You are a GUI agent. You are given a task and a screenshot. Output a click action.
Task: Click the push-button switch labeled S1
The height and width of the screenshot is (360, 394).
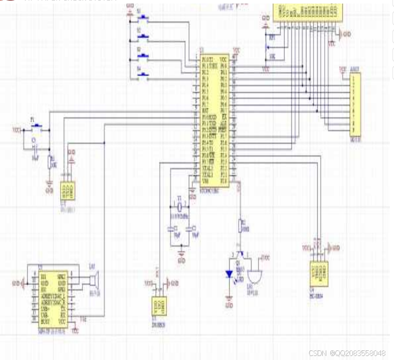145,19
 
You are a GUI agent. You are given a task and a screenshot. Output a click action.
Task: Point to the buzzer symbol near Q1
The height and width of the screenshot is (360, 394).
253,276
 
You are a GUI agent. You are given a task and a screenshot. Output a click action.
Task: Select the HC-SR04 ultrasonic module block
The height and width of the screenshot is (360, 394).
318,274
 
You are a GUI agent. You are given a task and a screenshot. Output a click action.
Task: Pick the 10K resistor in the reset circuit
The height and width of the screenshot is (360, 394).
49,162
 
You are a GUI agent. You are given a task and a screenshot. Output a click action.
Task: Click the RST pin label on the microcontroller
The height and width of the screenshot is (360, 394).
206,109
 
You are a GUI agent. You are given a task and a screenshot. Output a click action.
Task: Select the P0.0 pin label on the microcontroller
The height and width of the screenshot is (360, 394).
224,66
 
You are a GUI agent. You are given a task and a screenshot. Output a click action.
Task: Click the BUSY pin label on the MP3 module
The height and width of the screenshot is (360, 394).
46,321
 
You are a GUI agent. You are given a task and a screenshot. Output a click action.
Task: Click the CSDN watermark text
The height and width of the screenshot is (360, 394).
350,352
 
